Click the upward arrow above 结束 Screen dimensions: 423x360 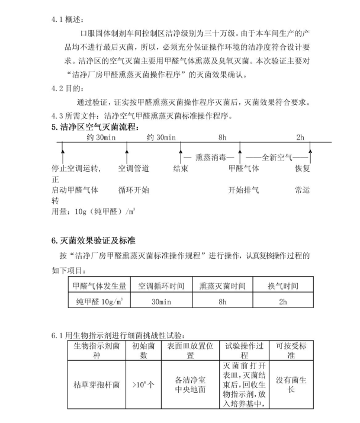pyautogui.click(x=180, y=155)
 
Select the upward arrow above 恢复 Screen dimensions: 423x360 pyautogui.click(x=310, y=155)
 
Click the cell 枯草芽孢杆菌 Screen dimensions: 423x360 pyautogui.click(x=97, y=384)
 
